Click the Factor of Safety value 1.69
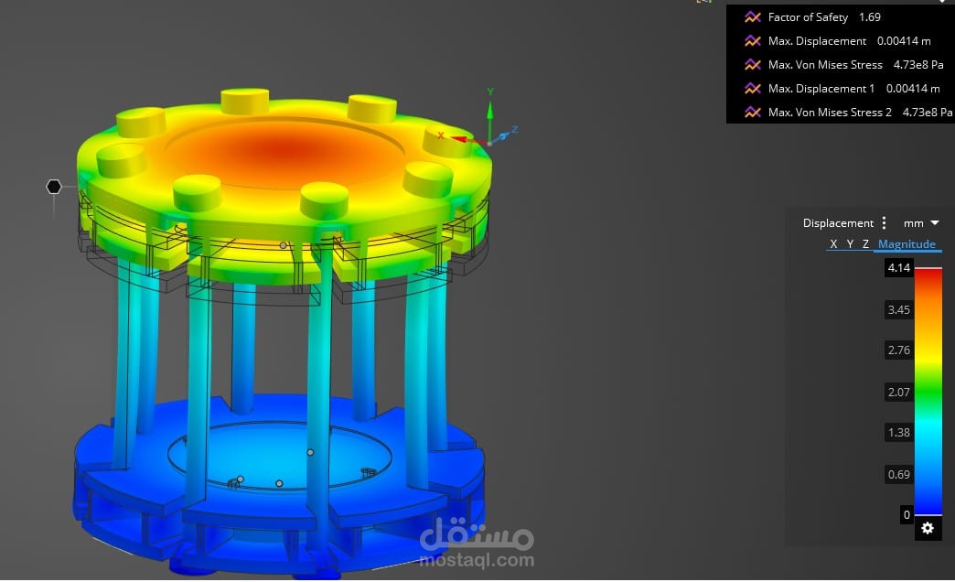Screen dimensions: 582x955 869,17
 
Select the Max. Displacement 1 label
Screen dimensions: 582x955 821,89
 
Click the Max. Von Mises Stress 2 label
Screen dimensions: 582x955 830,113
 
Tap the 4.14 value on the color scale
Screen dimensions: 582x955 898,268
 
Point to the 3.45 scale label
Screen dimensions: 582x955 898,310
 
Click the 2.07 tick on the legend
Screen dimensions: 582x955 898,392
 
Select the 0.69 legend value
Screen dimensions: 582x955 898,474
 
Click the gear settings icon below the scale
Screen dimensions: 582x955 928,528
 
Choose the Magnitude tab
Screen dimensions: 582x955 906,244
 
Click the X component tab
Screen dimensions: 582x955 833,244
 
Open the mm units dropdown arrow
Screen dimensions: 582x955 934,223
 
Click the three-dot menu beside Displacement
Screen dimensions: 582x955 884,223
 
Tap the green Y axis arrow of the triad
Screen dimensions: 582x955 490,110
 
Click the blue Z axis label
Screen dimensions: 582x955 515,130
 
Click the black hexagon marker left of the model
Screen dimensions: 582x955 54,187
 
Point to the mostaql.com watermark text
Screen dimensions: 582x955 476,560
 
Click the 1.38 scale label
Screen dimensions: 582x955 898,432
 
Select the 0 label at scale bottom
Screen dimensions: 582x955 907,515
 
